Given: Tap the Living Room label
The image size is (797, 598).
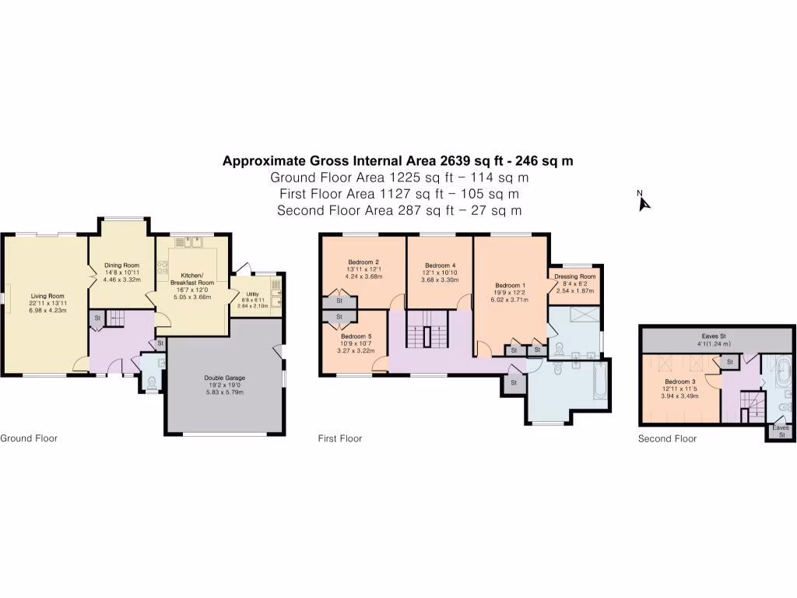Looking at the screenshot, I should pos(47,296).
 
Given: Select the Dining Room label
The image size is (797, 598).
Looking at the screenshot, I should pos(121,266).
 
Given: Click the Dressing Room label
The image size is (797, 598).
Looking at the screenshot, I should pos(575,277).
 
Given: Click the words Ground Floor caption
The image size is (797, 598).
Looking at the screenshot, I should pos(29,438).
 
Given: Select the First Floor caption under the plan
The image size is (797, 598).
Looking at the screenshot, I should pos(340,439).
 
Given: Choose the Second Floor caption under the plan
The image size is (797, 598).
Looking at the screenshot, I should pos(667,439).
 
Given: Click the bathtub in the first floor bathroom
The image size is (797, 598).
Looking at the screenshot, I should pos(600,383).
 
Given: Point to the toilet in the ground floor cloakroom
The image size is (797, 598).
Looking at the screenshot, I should pos(152,382).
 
